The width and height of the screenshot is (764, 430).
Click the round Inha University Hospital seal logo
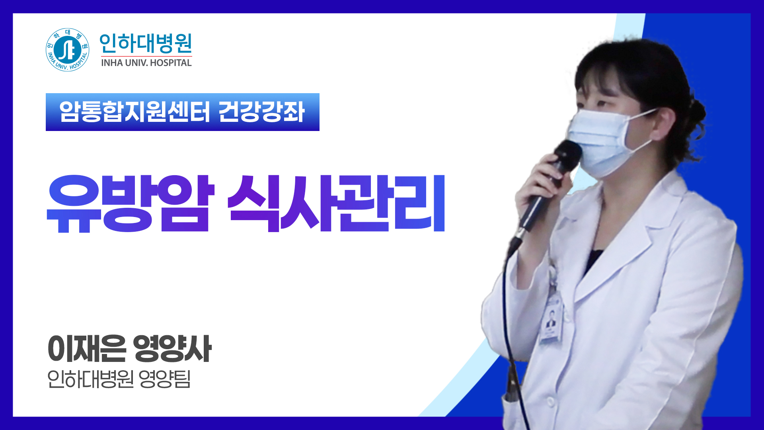point(67,50)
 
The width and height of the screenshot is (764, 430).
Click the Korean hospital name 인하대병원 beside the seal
point(146,43)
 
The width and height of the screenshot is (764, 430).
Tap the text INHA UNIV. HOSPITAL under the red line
point(146,63)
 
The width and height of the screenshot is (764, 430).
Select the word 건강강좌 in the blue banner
point(261,112)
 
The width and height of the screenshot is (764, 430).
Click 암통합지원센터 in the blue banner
point(134,112)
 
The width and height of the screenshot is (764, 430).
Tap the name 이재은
point(87,349)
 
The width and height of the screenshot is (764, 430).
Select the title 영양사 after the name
point(172,349)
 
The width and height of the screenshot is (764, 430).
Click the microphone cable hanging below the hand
point(507,319)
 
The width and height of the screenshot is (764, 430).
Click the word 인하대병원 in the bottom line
point(90,379)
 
